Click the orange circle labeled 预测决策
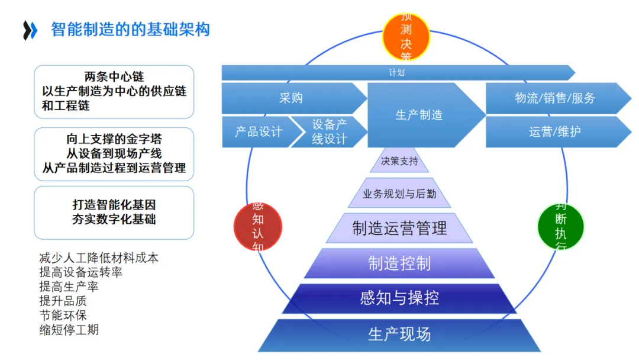click(x=406, y=37)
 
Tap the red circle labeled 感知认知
click(x=258, y=226)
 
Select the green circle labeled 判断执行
click(x=560, y=226)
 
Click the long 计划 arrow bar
click(x=396, y=73)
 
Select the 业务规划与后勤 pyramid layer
click(x=399, y=194)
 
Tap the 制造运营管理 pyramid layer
click(x=399, y=228)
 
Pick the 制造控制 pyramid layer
click(x=399, y=263)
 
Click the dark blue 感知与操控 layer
click(x=399, y=298)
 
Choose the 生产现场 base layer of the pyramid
click(x=399, y=335)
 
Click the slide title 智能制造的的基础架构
click(x=130, y=29)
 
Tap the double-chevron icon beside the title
click(x=30, y=30)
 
